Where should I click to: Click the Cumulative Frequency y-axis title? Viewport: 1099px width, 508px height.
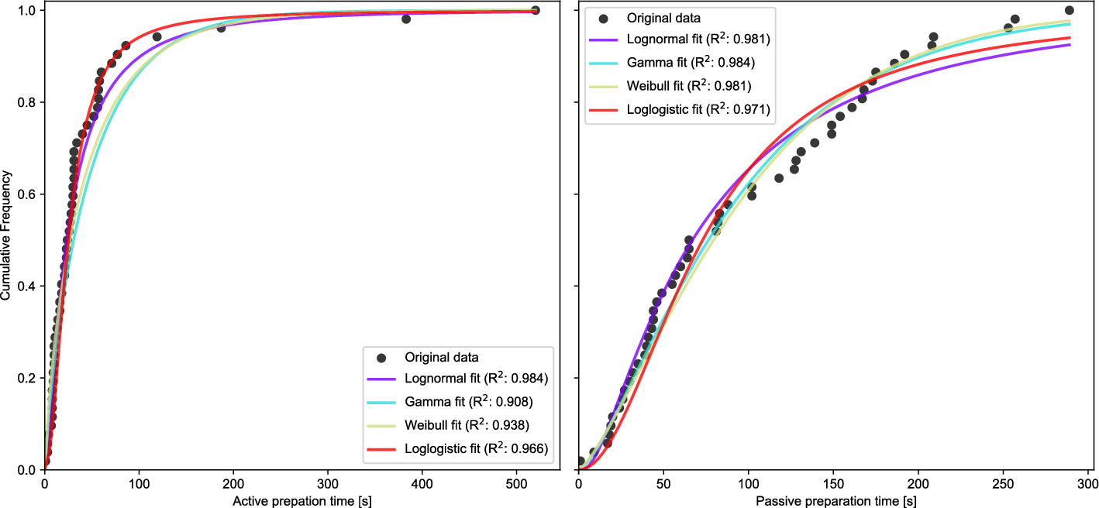click(5, 235)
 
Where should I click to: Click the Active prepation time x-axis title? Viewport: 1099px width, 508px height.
click(301, 501)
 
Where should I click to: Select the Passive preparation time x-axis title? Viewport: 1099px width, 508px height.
click(835, 501)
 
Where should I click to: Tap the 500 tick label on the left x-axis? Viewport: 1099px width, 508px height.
click(517, 484)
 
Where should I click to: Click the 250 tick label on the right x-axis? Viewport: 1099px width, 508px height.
click(1003, 484)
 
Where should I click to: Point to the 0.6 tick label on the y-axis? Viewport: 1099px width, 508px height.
click(27, 194)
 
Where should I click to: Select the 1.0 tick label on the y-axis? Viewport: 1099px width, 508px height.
click(27, 10)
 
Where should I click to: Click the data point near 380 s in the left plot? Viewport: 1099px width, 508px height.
click(406, 19)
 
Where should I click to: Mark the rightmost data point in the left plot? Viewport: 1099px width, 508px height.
click(536, 10)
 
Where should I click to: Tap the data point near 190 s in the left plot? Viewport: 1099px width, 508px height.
click(221, 28)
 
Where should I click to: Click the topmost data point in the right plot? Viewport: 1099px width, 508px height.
click(1069, 10)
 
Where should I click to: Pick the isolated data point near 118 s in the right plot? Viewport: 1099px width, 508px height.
click(779, 178)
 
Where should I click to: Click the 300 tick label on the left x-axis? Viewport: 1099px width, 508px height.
click(328, 484)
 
